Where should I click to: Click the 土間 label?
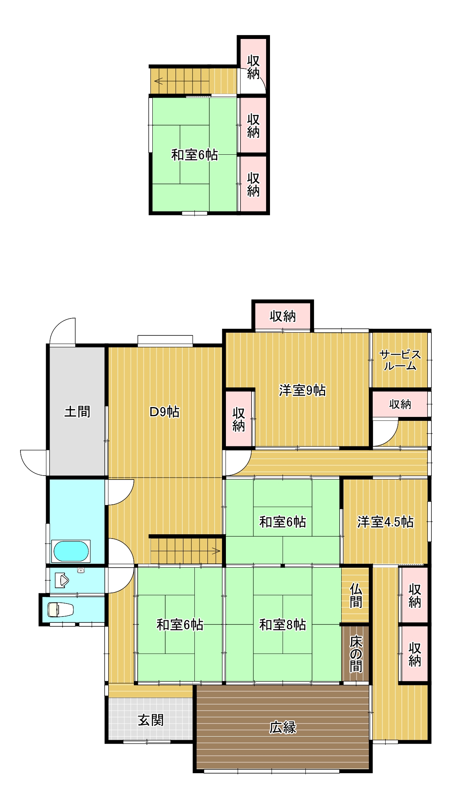[x=77, y=412]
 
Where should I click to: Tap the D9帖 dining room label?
[x=165, y=412]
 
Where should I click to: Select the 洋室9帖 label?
[x=302, y=391]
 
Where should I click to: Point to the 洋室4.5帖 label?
[x=385, y=522]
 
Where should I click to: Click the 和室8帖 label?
[x=283, y=625]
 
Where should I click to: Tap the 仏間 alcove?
[x=356, y=596]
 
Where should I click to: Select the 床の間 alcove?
[x=356, y=654]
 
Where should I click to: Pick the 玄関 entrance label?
[x=151, y=720]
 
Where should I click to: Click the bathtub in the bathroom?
[x=71, y=551]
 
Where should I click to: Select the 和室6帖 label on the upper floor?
[x=194, y=155]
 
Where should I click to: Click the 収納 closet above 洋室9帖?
[x=283, y=316]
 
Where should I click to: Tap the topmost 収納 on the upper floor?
[x=253, y=67]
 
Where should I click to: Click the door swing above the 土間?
[x=63, y=332]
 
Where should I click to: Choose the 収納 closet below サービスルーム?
[x=400, y=404]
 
